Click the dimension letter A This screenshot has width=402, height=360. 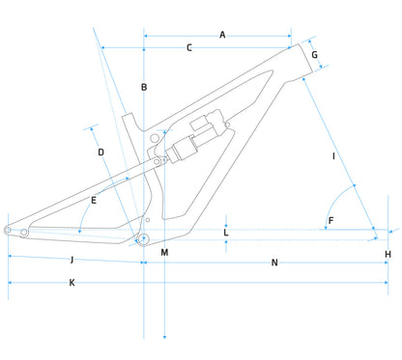(x=222, y=35)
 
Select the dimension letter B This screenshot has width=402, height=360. (x=144, y=87)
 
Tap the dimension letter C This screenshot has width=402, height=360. (x=189, y=48)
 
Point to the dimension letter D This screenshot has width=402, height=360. (x=100, y=152)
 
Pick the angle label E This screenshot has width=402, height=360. (x=94, y=201)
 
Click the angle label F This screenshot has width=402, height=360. (x=330, y=221)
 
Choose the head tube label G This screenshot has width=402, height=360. (x=314, y=55)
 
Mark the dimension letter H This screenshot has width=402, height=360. (x=388, y=255)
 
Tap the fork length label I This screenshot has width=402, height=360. (x=333, y=156)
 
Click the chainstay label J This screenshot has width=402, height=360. (x=72, y=260)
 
